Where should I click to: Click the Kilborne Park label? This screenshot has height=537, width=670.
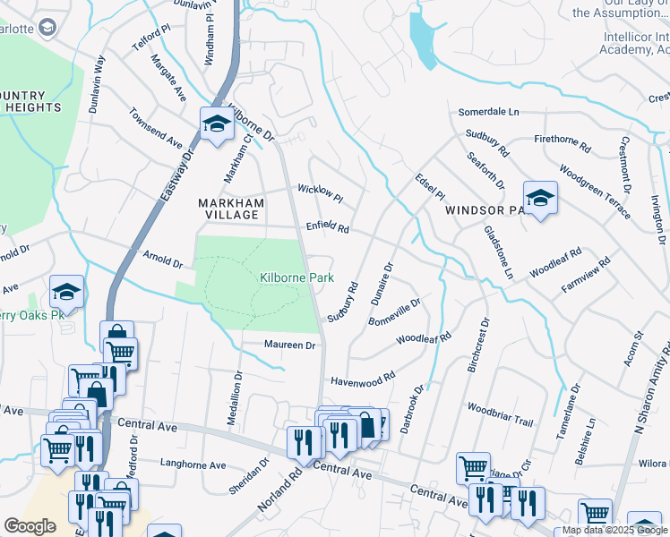pyautogui.click(x=296, y=278)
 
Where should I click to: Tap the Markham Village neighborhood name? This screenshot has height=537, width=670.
pyautogui.click(x=231, y=209)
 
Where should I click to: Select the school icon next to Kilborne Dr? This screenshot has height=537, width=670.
pyautogui.click(x=216, y=125)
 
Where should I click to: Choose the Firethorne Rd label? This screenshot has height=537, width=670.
pyautogui.click(x=563, y=142)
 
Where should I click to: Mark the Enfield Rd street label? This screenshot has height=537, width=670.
pyautogui.click(x=327, y=228)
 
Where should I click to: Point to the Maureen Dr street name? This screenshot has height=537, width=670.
pyautogui.click(x=290, y=345)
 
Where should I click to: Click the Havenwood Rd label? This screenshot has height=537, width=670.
pyautogui.click(x=363, y=379)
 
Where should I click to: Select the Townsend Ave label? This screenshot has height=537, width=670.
pyautogui.click(x=155, y=129)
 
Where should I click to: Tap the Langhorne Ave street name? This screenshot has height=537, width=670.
pyautogui.click(x=193, y=465)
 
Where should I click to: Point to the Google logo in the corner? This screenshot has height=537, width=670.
pyautogui.click(x=30, y=526)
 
